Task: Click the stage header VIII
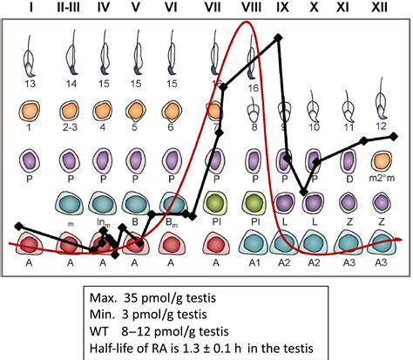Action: coord(251,8)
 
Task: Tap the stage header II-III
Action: coord(67,8)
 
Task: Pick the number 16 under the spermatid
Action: coord(254,88)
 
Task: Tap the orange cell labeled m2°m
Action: coord(381,161)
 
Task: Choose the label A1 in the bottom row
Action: coord(254,262)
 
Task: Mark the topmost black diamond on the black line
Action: coord(278,37)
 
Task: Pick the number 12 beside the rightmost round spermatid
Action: coord(381,126)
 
